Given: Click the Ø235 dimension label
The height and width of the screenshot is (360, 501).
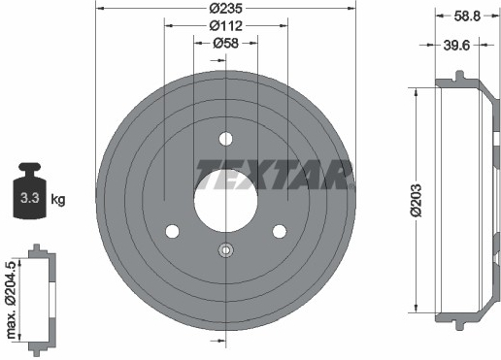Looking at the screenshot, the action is click(x=225, y=9).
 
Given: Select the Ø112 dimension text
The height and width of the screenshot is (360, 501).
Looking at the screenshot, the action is click(x=225, y=25).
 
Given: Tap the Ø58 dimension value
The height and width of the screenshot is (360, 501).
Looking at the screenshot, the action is click(x=225, y=43).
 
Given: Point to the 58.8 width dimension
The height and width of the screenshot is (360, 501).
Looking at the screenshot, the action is click(x=467, y=16).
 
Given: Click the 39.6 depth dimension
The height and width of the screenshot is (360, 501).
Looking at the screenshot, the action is click(x=456, y=46).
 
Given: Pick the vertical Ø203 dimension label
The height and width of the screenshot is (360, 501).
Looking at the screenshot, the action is click(x=417, y=201).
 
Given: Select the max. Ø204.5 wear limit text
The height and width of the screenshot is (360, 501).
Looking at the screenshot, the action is click(x=12, y=299).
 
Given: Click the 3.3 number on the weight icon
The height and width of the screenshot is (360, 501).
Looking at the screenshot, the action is click(x=30, y=198).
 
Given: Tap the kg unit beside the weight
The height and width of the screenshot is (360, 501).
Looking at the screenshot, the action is click(x=58, y=200).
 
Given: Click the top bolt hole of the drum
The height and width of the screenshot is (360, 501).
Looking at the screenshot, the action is click(x=225, y=139).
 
